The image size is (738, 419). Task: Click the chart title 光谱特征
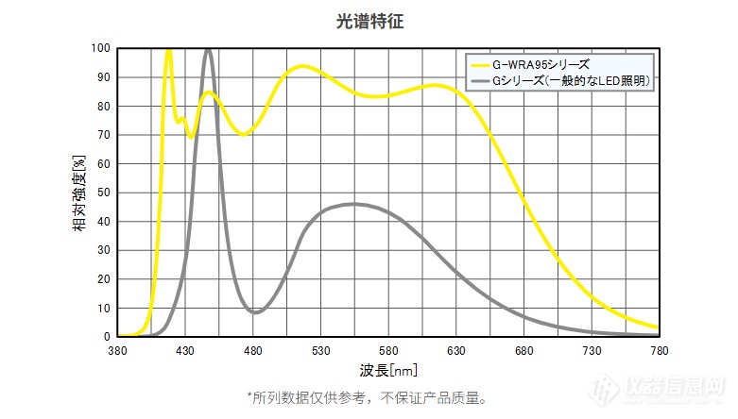coord(369,21)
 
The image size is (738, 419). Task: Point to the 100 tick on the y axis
coord(101,48)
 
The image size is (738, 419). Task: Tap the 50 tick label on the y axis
coord(104,193)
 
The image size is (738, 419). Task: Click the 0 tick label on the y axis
coord(107,337)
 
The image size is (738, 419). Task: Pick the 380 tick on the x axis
coord(117,351)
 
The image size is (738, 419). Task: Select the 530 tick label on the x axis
coord(320,351)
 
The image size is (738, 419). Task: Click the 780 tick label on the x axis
coord(659,351)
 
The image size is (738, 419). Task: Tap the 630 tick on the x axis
coord(456,351)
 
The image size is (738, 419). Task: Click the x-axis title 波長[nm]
coord(388,371)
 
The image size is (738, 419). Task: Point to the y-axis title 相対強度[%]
coord(79,193)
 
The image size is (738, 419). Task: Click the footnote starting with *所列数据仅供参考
coord(368,398)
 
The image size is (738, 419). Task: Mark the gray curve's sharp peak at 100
coord(208,50)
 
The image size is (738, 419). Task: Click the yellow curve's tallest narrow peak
coord(168,50)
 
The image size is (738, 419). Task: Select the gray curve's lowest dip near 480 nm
coord(255,312)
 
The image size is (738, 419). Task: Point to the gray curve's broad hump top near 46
coord(354,204)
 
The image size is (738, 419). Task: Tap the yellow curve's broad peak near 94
coord(302,66)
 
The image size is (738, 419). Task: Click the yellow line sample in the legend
coord(480,65)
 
